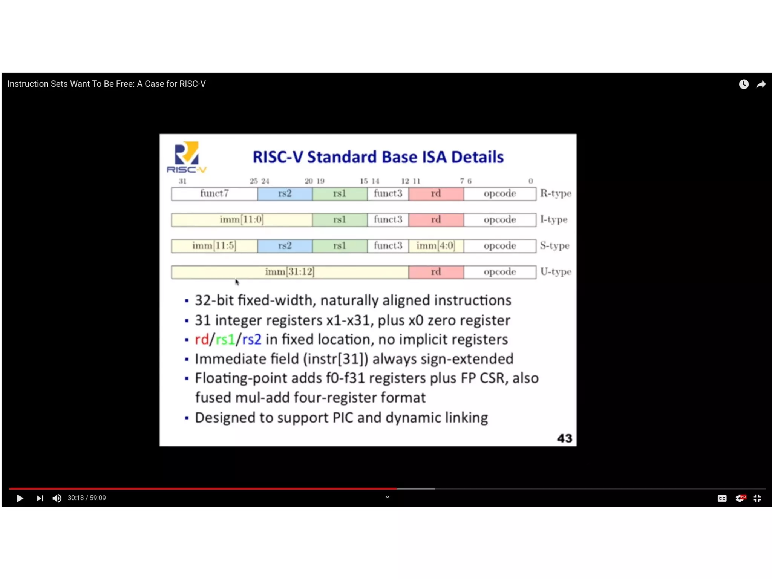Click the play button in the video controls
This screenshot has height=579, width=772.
[x=20, y=498]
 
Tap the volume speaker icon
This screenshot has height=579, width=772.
[x=57, y=498]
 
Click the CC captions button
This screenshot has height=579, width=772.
[x=722, y=498]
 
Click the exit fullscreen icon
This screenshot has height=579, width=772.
[x=757, y=498]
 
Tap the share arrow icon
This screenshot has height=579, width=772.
[x=761, y=84]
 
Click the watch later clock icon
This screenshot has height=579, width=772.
[x=743, y=84]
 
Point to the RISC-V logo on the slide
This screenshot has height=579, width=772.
[x=187, y=157]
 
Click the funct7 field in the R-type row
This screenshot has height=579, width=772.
[x=214, y=194]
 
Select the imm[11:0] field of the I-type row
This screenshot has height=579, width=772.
[x=242, y=220]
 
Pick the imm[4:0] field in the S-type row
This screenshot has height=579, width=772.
[x=436, y=246]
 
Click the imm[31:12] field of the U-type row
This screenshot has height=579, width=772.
[x=289, y=272]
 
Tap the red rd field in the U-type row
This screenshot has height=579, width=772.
[x=436, y=272]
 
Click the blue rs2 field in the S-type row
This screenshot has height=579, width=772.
[x=285, y=246]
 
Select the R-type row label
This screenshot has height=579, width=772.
[x=556, y=194]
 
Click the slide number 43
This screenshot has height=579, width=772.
[x=564, y=438]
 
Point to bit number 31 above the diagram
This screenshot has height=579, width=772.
[x=183, y=181]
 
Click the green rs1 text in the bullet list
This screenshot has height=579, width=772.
[x=225, y=340]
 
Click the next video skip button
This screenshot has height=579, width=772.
[x=40, y=498]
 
